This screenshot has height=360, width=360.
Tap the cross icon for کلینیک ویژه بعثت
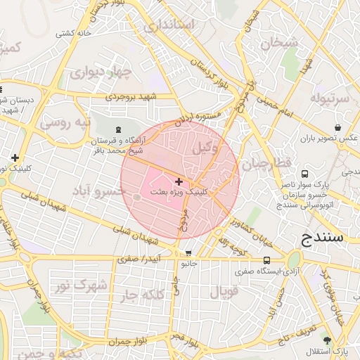179,181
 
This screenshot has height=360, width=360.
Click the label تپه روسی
65,122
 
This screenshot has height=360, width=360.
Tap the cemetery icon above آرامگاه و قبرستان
117,129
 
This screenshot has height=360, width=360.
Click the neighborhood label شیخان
280,42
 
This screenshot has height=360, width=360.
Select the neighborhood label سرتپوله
330,98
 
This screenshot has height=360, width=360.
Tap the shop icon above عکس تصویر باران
338,128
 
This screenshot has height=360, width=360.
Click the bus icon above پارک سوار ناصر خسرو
304,174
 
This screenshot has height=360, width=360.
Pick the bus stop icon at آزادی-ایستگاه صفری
266,260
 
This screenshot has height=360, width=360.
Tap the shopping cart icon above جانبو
188,253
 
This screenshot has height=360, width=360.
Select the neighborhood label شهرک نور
82,285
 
